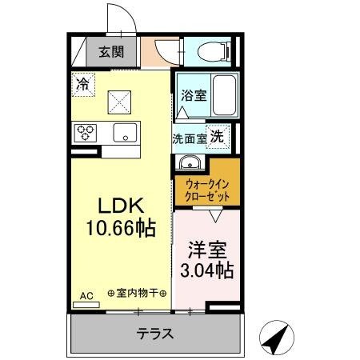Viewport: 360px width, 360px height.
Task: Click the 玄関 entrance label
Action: pos(111,53)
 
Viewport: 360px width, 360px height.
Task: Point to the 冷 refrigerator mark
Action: pos(83,82)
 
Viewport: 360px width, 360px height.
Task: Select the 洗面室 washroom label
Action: pos(190,138)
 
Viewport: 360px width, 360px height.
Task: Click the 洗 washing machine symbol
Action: pos(217,136)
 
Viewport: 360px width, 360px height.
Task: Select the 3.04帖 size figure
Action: pos(206,270)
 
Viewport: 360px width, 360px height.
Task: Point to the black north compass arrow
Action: pos(275,339)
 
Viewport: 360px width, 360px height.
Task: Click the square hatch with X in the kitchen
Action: pos(121,102)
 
